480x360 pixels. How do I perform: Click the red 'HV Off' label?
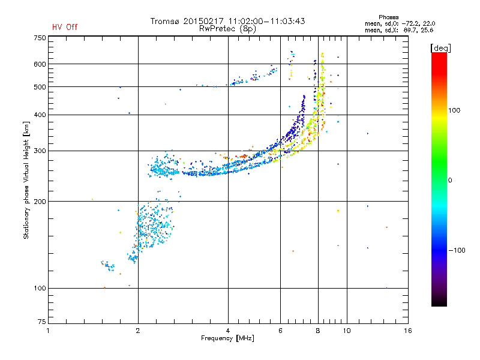(x=64, y=27)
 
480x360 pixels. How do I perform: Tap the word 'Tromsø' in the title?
(x=166, y=21)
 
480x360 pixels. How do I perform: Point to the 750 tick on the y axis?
(x=40, y=37)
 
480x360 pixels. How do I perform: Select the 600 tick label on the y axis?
(x=40, y=64)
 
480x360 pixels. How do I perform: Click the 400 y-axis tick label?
(x=40, y=115)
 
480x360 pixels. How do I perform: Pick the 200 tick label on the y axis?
(x=40, y=201)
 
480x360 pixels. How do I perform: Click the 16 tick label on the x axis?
(x=407, y=331)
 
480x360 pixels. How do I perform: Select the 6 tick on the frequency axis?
(x=281, y=331)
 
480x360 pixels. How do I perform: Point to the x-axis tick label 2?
(x=138, y=331)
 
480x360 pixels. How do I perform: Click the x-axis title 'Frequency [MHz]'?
(x=228, y=339)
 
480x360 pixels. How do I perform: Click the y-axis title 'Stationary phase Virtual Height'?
(x=26, y=180)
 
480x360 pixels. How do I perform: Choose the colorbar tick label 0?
(x=451, y=180)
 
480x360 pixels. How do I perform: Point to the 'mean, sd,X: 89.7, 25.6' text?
(x=399, y=29)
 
